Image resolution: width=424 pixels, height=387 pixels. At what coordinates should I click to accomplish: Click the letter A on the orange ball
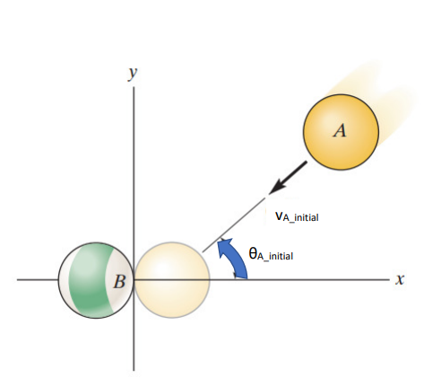pos(340,130)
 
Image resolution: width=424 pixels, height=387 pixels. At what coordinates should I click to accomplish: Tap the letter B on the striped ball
pos(119,282)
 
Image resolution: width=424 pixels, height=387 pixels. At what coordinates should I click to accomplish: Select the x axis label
pos(400,279)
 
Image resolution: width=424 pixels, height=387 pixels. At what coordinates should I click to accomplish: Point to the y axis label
pos(133,74)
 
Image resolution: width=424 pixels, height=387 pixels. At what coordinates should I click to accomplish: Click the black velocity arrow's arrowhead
pos(276,187)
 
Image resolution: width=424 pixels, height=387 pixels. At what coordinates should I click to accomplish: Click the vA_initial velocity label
pos(297,216)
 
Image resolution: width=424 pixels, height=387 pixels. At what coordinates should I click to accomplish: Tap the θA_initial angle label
pos(271,254)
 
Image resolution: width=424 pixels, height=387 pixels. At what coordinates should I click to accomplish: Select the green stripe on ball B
pos(90,281)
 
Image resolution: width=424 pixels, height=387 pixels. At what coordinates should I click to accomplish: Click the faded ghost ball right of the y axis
pos(172,280)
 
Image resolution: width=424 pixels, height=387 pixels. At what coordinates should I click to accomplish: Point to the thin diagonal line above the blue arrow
pos(234,224)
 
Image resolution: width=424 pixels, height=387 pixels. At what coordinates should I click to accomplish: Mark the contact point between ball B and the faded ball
pos(134,280)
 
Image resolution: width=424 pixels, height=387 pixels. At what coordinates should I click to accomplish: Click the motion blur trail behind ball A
pos(385,99)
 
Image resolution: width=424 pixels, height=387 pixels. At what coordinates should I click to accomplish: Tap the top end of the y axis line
pos(134,87)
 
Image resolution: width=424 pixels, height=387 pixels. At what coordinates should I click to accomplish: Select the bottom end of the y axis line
pos(134,371)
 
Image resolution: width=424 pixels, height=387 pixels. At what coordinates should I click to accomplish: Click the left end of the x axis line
pos(17,280)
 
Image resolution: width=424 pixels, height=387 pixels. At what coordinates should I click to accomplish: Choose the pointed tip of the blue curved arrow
pos(220,242)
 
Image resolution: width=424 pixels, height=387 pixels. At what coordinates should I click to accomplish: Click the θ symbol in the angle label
pos(253,253)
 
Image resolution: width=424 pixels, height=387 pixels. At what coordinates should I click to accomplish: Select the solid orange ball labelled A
pos(341,132)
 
